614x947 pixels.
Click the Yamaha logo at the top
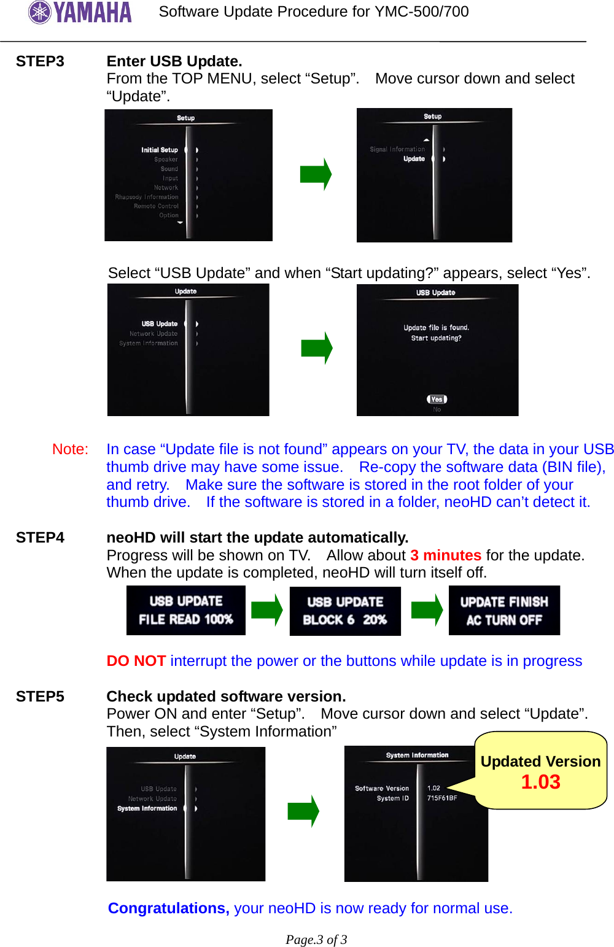tap(80, 12)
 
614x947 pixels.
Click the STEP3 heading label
tap(40, 61)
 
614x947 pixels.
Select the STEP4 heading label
tap(40, 538)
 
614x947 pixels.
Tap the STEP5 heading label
tap(40, 697)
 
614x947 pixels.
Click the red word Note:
tap(70, 449)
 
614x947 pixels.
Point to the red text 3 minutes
tap(446, 555)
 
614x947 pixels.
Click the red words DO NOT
tap(136, 661)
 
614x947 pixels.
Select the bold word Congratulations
tap(168, 908)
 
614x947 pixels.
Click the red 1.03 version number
tap(540, 782)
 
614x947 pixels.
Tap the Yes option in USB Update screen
tap(437, 400)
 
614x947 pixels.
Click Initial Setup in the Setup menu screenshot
tap(160, 150)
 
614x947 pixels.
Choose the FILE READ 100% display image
tap(185, 611)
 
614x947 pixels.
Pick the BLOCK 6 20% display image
tap(345, 611)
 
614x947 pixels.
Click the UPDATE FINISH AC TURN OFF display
tap(504, 611)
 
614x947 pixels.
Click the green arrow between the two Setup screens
tap(316, 174)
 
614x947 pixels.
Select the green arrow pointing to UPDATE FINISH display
tap(427, 610)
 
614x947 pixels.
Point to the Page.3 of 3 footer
tap(316, 940)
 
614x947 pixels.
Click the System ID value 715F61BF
tap(442, 798)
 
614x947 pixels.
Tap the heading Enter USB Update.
tap(174, 61)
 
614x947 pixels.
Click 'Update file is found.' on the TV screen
tap(436, 328)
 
